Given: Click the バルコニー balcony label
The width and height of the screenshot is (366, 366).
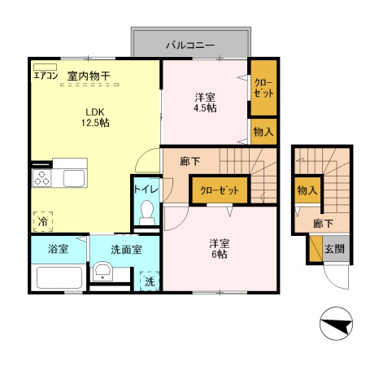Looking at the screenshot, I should click(190, 44).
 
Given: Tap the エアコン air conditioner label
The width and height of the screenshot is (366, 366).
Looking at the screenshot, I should click(46, 76).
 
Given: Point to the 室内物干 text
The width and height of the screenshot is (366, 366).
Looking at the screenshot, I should click(89, 76).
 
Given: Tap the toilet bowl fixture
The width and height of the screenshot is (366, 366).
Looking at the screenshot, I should click(147, 213).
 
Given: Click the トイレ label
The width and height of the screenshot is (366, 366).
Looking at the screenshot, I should click(146, 190).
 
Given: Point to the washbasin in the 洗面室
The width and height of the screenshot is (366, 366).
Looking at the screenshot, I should click(103, 272).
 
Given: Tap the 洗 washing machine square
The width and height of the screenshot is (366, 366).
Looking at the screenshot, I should click(149, 281).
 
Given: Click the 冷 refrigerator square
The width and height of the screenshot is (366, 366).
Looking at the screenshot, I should click(41, 220).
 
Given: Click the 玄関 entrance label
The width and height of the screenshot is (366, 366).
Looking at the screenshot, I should click(333, 250).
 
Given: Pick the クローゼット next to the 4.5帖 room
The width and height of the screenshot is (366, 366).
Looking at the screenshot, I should click(262, 88).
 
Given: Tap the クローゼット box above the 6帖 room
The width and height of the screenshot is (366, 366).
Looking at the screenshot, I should click(219, 190).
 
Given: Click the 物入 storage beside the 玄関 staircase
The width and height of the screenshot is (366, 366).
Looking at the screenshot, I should click(306, 190).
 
